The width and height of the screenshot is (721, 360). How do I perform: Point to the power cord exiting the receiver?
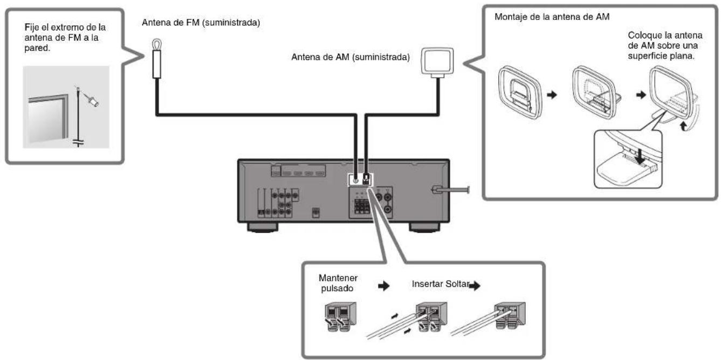(452, 189)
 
